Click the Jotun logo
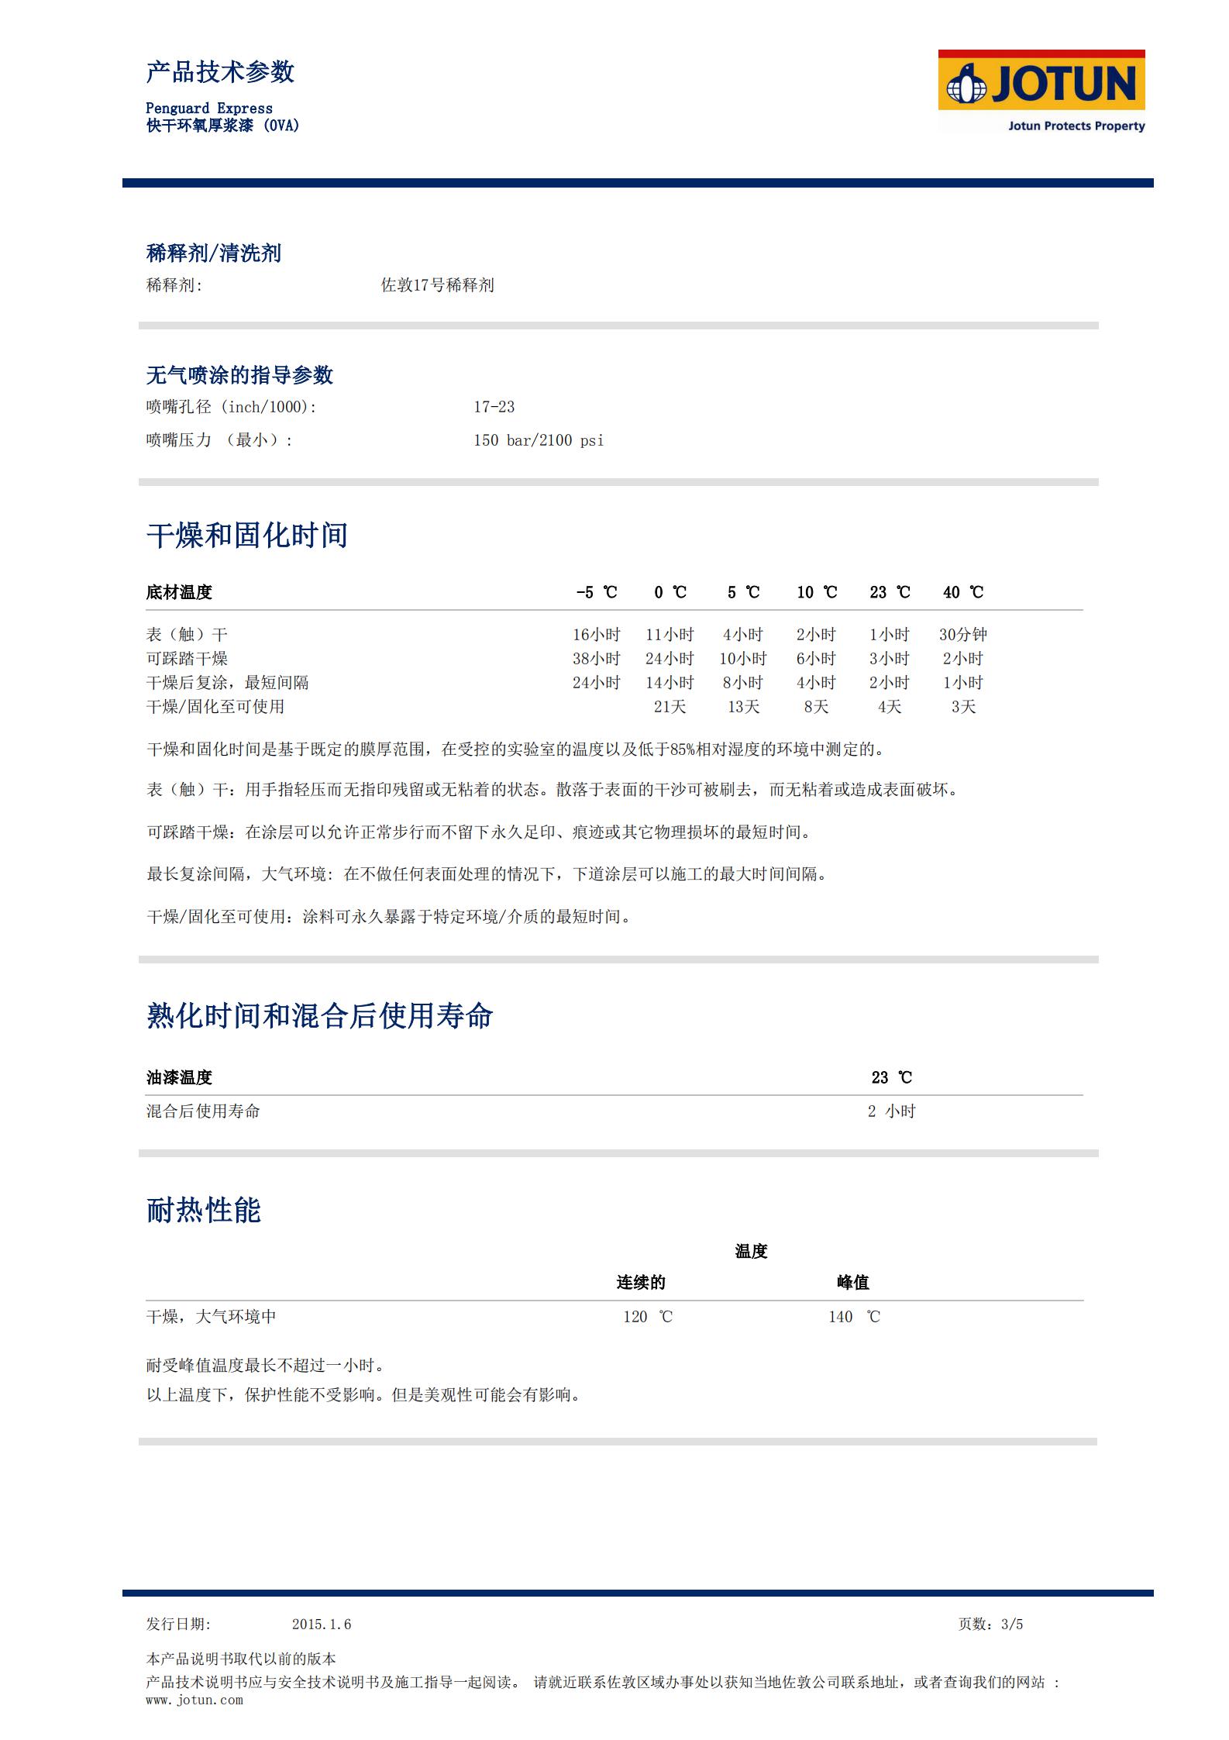(1041, 91)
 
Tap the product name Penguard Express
(209, 109)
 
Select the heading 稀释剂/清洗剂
(213, 253)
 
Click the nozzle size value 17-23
(494, 407)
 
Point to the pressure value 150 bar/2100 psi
(539, 440)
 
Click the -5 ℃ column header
(596, 592)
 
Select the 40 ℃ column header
(962, 592)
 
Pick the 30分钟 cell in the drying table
(962, 635)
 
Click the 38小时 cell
(596, 659)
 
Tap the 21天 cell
(670, 707)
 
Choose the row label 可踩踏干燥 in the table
(187, 659)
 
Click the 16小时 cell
(596, 635)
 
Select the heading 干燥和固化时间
(246, 536)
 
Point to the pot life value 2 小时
(891, 1111)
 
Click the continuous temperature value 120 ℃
(647, 1317)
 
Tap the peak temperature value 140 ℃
(853, 1317)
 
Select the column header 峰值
(852, 1283)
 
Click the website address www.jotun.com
(195, 1700)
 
